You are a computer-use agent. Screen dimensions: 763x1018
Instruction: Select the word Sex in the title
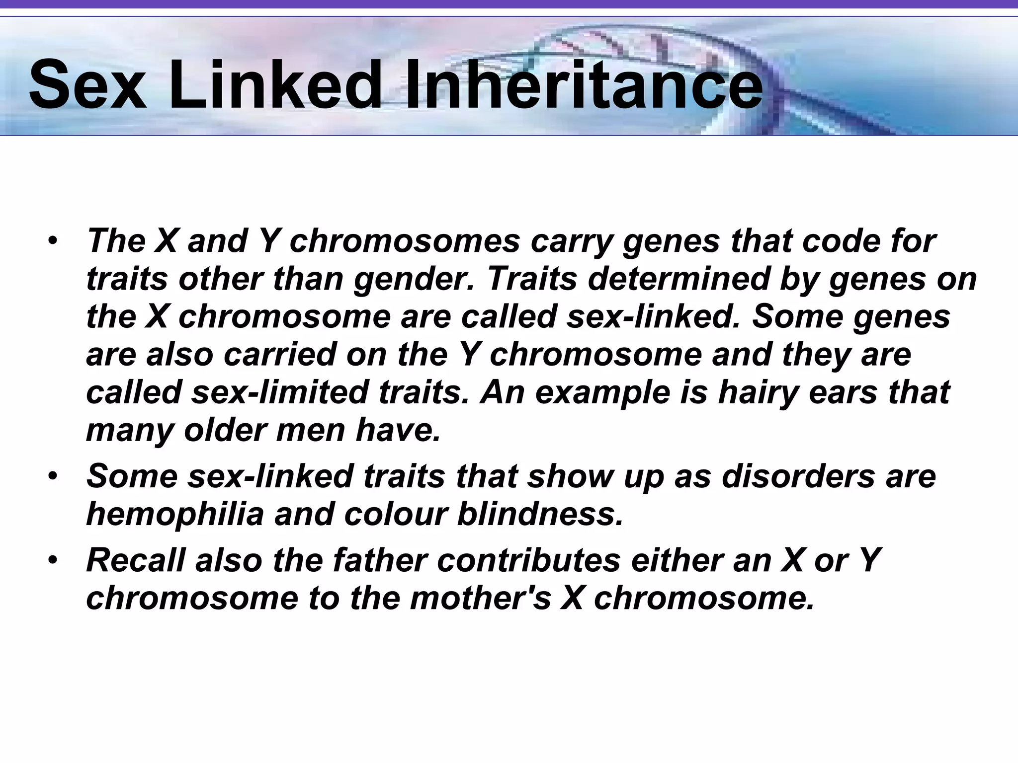(87, 84)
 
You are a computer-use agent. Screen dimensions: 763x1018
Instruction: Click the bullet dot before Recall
(53, 561)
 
